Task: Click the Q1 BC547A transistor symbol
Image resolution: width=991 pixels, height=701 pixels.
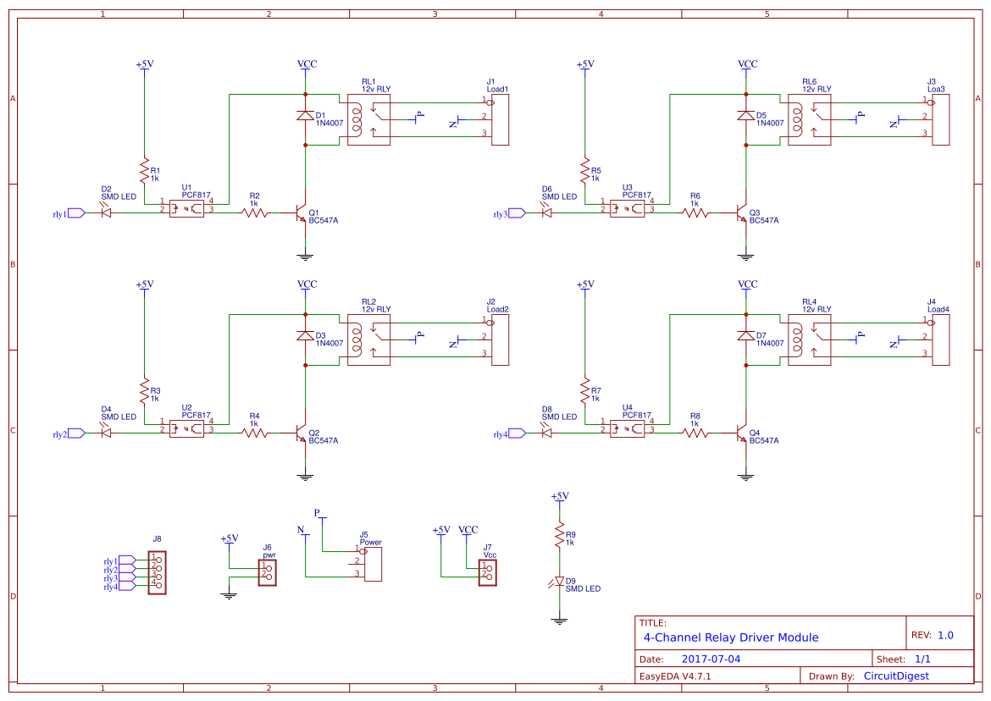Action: click(x=300, y=213)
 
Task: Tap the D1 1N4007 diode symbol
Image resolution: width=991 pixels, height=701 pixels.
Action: click(x=305, y=116)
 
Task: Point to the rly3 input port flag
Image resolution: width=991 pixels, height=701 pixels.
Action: click(x=517, y=213)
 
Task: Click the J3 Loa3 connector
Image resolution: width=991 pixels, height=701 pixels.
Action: click(x=940, y=120)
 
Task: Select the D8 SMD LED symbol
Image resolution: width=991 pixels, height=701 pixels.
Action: click(x=546, y=433)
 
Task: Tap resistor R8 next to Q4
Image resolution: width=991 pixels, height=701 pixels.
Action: click(x=695, y=433)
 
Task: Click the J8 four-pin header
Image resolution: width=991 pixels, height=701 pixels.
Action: click(x=157, y=572)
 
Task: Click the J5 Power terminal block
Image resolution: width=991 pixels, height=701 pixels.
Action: click(x=371, y=563)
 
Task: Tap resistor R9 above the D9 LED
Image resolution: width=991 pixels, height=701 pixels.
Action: click(x=559, y=535)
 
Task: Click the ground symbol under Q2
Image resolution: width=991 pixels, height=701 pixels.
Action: click(x=305, y=477)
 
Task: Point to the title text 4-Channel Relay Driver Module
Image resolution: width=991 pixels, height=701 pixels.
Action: click(x=730, y=638)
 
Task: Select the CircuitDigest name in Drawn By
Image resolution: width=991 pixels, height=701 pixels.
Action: click(x=895, y=676)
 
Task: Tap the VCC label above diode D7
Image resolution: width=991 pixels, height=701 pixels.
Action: click(x=747, y=284)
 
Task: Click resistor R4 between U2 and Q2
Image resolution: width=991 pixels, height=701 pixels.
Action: click(x=255, y=433)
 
